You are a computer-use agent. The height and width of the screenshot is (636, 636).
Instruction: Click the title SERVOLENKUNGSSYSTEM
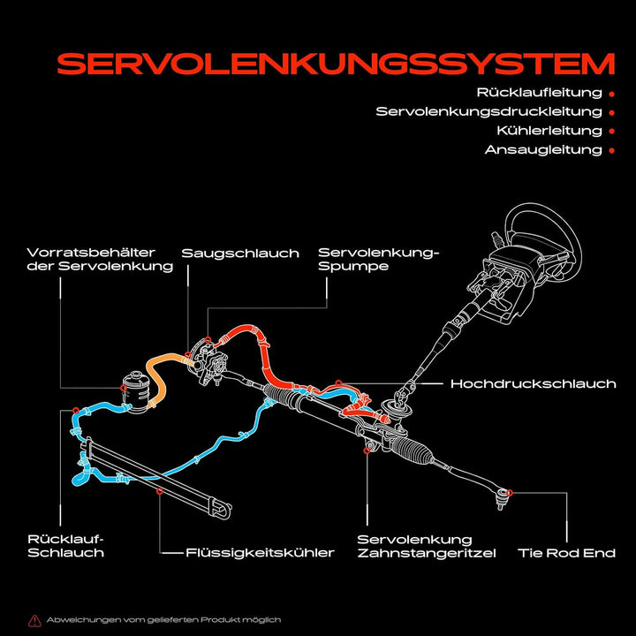pyautogui.click(x=336, y=64)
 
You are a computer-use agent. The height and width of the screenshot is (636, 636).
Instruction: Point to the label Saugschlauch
pyautogui.click(x=240, y=254)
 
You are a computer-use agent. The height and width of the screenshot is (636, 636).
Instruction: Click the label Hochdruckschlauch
pyautogui.click(x=533, y=384)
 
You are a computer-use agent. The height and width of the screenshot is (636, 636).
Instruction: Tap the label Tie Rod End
pyautogui.click(x=566, y=553)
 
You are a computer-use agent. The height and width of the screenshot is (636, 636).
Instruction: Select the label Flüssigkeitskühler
pyautogui.click(x=260, y=553)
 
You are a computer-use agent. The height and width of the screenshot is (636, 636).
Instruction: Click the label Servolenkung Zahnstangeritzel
pyautogui.click(x=426, y=546)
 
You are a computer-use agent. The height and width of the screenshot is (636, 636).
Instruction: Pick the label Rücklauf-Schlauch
pyautogui.click(x=66, y=546)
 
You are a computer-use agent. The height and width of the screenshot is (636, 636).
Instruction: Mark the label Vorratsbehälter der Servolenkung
pyautogui.click(x=100, y=259)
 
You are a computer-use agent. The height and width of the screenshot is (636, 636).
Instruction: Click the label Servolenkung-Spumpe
pyautogui.click(x=378, y=259)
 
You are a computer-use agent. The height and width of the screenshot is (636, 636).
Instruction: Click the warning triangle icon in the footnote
pyautogui.click(x=34, y=620)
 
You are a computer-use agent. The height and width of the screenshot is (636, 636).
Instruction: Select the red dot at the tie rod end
pyautogui.click(x=511, y=491)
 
